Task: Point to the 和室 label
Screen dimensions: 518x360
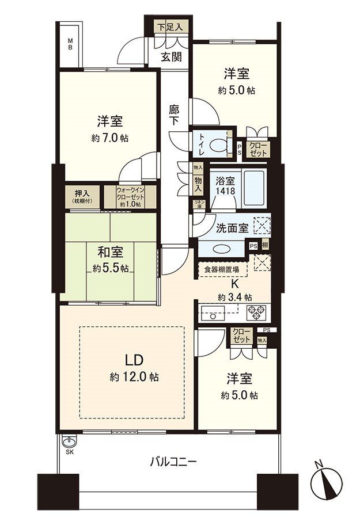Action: tap(110, 251)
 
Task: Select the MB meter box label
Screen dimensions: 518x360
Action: tap(70, 44)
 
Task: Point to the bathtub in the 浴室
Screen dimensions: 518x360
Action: tap(253, 187)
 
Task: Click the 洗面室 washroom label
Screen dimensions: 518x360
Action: tap(232, 228)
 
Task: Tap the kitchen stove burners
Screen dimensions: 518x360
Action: tap(256, 313)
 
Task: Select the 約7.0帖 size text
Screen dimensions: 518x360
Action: tap(109, 138)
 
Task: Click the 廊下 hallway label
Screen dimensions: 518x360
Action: tap(174, 114)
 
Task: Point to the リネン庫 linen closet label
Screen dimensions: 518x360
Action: tap(199, 203)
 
